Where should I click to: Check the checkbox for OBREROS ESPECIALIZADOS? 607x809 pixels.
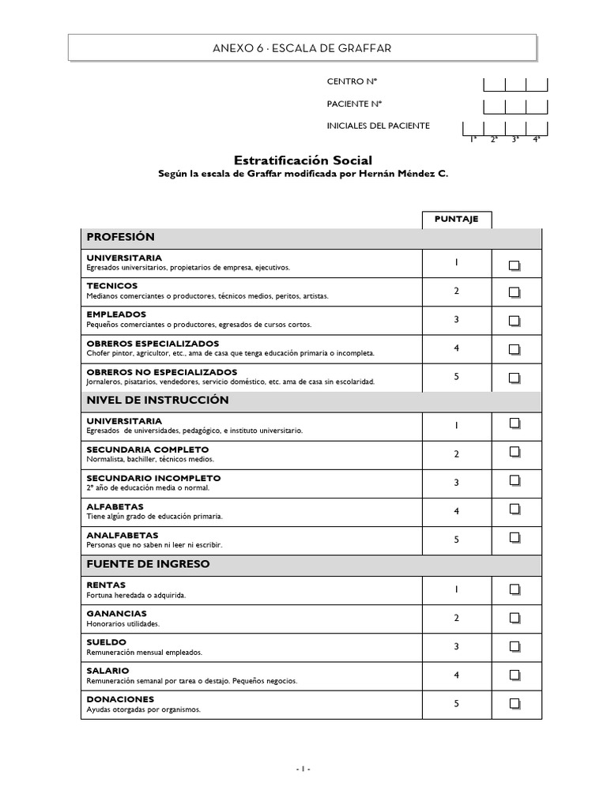pos(515,349)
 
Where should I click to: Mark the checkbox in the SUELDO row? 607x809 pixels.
pos(515,646)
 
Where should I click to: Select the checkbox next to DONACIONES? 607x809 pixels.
pos(515,703)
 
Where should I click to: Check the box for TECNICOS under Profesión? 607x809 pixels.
pos(515,292)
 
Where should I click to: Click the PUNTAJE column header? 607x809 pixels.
pos(456,219)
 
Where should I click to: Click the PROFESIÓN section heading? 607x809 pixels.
pos(120,237)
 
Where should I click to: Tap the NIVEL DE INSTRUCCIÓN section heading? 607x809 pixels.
pos(157,401)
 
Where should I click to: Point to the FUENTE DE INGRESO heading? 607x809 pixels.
pos(148,565)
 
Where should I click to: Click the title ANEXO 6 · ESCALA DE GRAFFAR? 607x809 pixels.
pos(302,49)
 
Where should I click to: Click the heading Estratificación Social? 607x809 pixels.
pos(303,160)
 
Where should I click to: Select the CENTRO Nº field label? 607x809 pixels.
pos(346,81)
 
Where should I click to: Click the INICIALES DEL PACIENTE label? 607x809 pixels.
pos(378,126)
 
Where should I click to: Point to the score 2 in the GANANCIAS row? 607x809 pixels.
pos(456,618)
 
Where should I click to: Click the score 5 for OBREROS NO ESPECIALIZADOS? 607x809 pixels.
pos(456,377)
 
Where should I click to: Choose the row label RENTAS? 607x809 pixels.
pos(106,585)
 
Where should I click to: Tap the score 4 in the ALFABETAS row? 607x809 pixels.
pos(456,511)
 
